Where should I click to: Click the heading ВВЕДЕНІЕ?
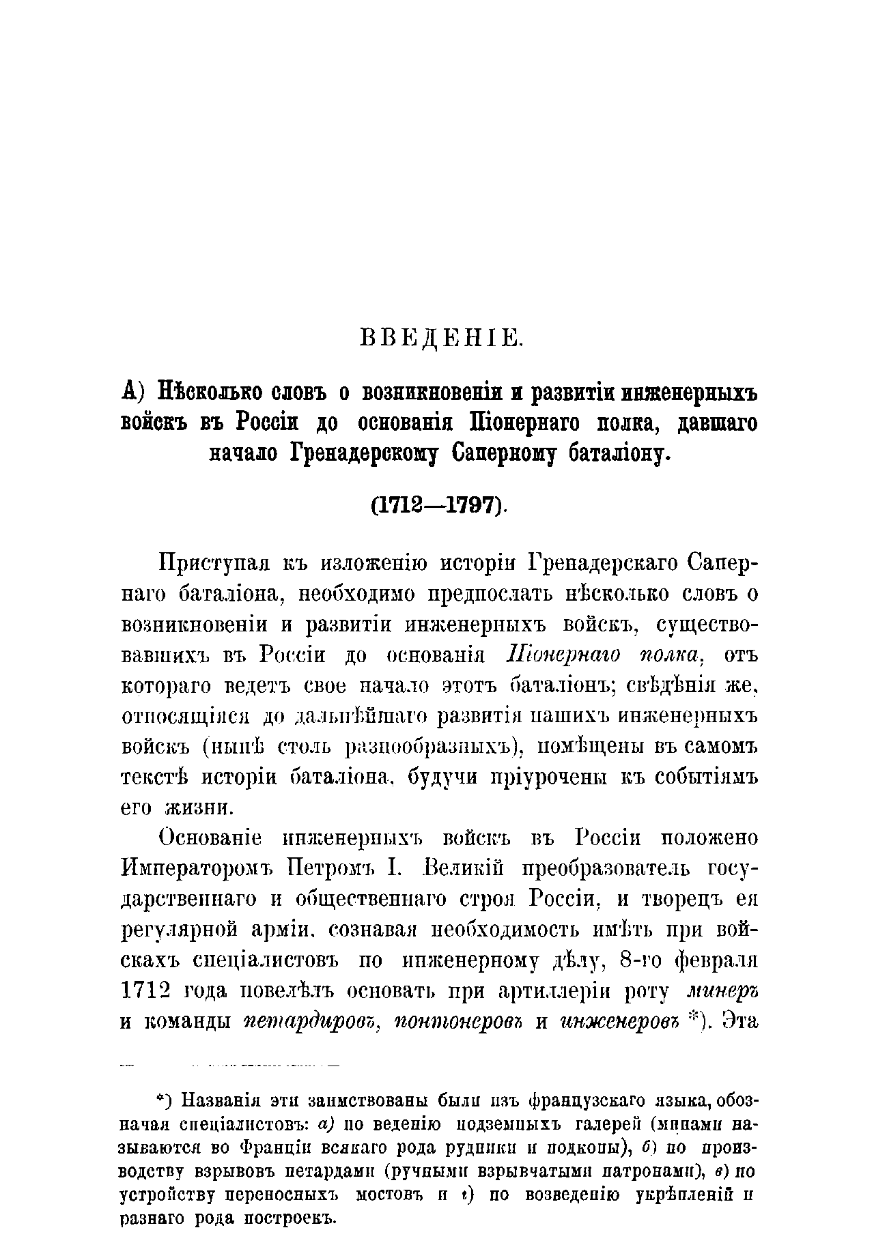[440, 338]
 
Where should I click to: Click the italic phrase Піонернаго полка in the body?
[603, 655]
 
